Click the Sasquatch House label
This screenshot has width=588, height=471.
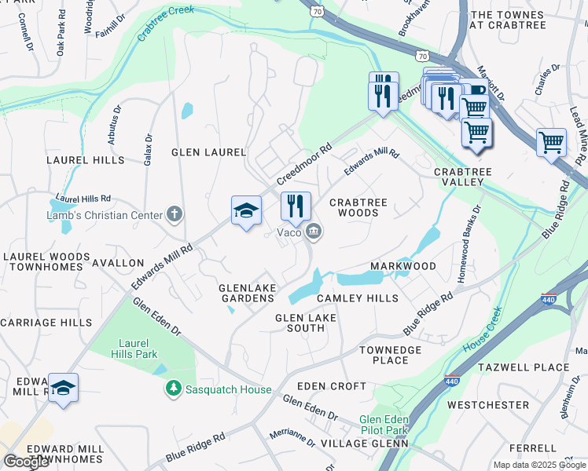228,389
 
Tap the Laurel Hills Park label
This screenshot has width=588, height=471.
138,349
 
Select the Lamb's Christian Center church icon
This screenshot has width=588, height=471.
174,214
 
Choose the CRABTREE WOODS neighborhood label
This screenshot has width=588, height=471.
358,207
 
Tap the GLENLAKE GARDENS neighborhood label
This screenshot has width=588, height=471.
247,293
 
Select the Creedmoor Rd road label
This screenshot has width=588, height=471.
304,165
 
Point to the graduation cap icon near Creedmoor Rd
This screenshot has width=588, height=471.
246,210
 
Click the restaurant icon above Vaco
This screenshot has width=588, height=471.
296,206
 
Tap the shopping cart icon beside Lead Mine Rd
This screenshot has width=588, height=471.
551,143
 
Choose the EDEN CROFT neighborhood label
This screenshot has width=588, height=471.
332,386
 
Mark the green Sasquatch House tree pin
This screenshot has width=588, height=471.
173,389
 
